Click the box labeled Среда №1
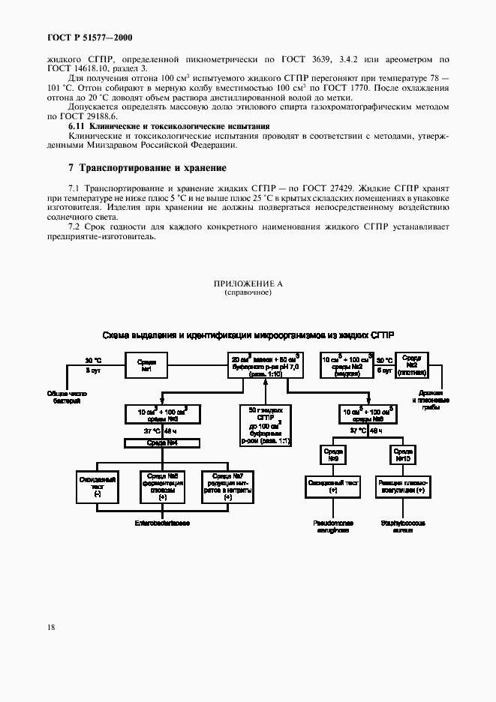(x=147, y=366)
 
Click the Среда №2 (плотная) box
(x=412, y=366)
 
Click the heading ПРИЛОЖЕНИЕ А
(x=248, y=284)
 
